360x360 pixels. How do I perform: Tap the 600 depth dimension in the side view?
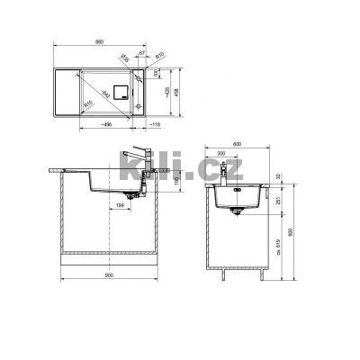pyautogui.click(x=236, y=144)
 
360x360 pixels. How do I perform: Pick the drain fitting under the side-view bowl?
pyautogui.click(x=236, y=213)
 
